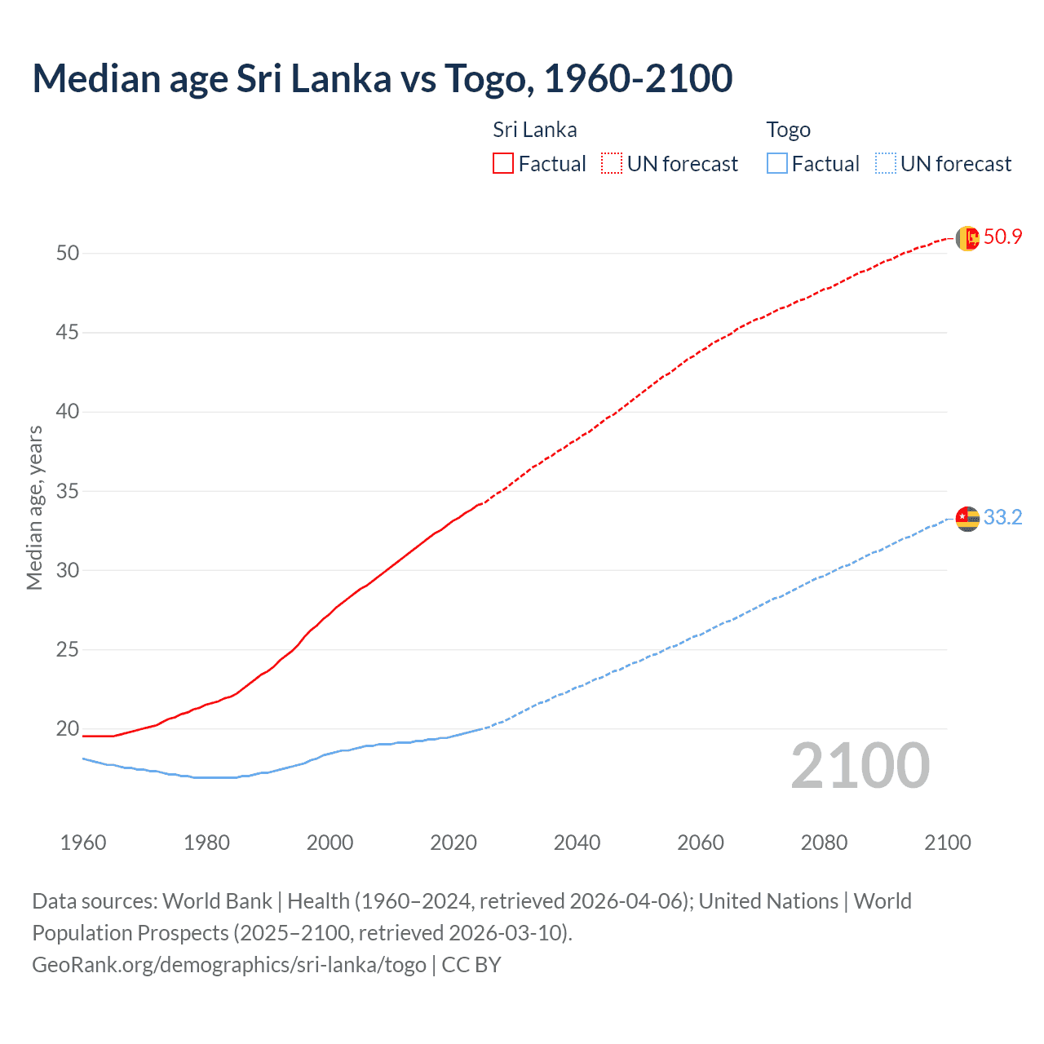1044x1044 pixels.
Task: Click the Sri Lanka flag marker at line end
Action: [967, 238]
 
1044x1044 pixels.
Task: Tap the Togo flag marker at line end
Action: [967, 519]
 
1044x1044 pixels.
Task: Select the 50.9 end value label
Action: [1002, 237]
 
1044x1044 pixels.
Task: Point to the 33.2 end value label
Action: [1002, 518]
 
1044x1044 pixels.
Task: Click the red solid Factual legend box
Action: [503, 164]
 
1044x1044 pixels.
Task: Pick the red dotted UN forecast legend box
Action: [612, 164]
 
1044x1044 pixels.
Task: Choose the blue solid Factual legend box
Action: [776, 164]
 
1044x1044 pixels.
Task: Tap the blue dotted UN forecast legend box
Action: [885, 164]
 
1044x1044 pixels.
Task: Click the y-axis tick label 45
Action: [68, 333]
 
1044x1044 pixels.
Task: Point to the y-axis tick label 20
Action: [68, 729]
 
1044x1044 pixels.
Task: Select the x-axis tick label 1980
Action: [206, 843]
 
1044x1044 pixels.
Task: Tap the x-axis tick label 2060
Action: [701, 843]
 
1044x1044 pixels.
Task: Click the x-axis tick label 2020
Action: [453, 843]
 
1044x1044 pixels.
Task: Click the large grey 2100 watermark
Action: [860, 766]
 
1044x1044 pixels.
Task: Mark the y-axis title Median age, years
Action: [34, 507]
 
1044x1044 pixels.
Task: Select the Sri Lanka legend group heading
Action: [534, 130]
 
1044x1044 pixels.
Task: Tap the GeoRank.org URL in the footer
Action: [228, 965]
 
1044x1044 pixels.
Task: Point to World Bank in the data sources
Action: [217, 901]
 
